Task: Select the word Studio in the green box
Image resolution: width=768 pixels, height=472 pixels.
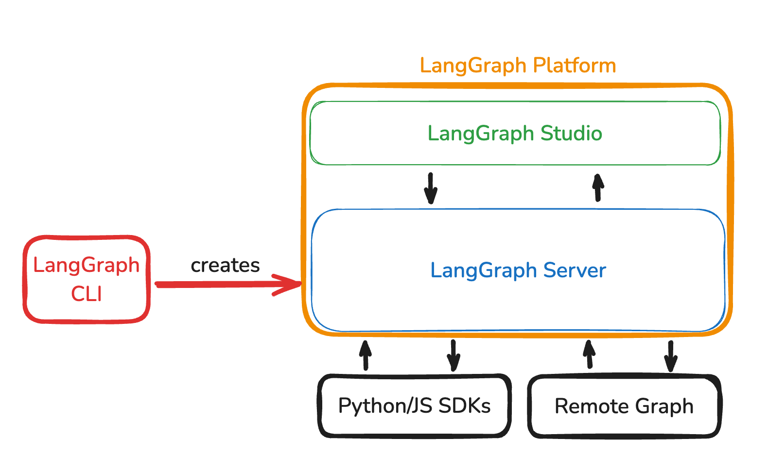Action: (571, 133)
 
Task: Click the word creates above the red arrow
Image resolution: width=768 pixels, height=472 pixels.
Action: (225, 265)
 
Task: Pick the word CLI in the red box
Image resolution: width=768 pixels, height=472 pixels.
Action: (87, 294)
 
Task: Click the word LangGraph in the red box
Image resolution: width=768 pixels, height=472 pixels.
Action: (87, 265)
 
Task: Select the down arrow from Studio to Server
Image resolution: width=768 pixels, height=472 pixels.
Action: (431, 188)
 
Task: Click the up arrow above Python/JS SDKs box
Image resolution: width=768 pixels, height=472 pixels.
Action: (366, 355)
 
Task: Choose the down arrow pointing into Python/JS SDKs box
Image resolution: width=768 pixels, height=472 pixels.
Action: (453, 356)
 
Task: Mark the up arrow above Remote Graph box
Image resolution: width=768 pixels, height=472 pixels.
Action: (589, 354)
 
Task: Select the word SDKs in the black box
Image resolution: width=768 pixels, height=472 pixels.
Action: (464, 405)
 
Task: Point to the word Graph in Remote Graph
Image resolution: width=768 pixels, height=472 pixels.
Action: (664, 406)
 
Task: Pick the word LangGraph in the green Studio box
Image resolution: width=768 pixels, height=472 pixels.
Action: (481, 134)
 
